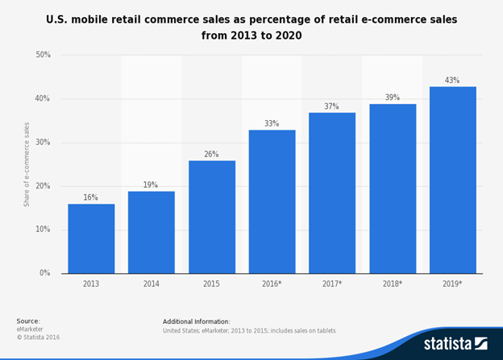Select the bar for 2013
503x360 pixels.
point(90,238)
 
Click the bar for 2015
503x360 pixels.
point(211,217)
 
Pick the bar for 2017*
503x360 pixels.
point(332,192)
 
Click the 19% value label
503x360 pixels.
point(151,184)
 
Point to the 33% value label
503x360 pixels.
point(272,123)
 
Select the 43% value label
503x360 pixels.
point(452,80)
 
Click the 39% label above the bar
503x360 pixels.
point(392,97)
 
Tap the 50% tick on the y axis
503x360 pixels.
point(43,56)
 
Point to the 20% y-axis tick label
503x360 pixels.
point(43,186)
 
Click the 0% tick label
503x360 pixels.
point(45,274)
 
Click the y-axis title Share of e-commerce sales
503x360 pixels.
point(26,164)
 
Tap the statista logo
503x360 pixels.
point(455,343)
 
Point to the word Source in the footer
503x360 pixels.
point(27,321)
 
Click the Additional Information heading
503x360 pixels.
point(196,321)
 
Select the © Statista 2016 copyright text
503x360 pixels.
point(38,337)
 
